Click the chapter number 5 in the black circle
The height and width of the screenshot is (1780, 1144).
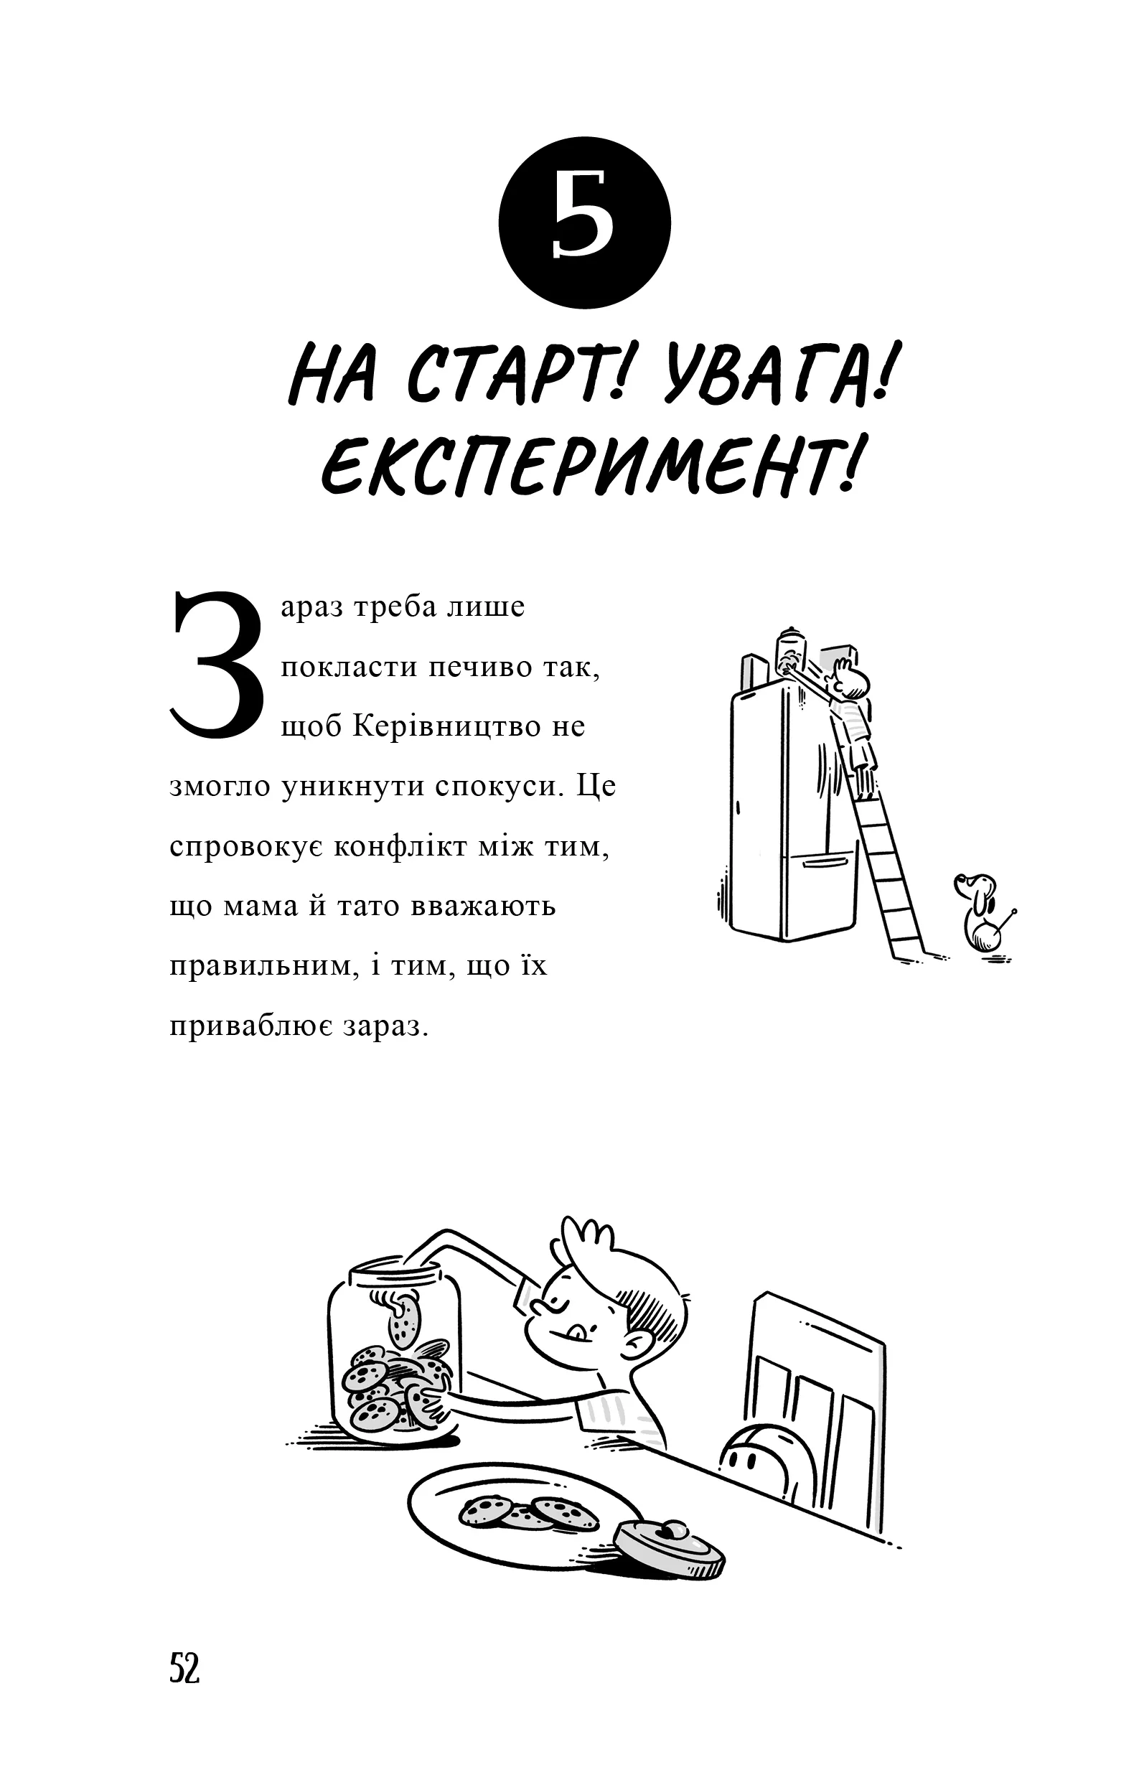point(585,223)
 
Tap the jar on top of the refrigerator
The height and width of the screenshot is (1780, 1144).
point(789,652)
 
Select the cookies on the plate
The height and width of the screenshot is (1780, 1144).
point(529,1511)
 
